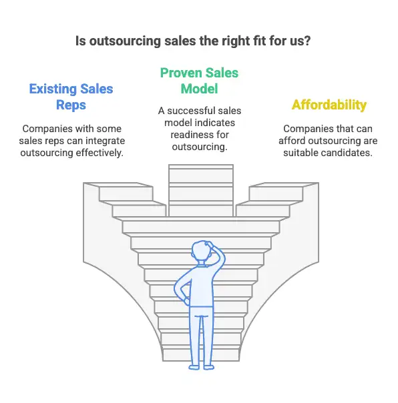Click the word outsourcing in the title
(x=125, y=41)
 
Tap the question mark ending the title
(x=307, y=41)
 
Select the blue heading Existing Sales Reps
(x=71, y=97)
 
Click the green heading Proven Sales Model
(x=199, y=81)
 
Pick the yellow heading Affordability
(x=329, y=105)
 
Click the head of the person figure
(x=202, y=252)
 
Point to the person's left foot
(x=194, y=367)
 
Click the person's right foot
(x=209, y=367)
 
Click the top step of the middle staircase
(x=201, y=167)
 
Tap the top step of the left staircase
(x=118, y=185)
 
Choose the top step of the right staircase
(x=284, y=185)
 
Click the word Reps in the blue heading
(x=71, y=105)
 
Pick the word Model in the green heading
(x=199, y=89)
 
